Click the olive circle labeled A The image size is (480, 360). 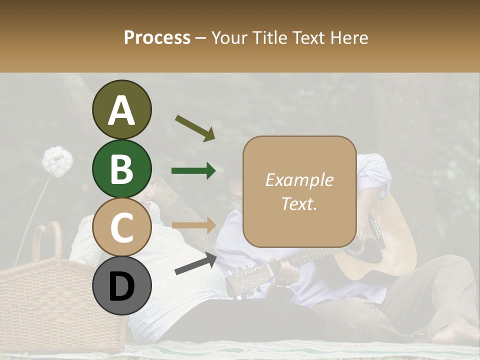(x=121, y=109)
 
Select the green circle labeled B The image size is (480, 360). (x=121, y=168)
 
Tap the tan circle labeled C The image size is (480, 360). (x=121, y=227)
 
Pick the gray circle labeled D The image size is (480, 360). (x=121, y=286)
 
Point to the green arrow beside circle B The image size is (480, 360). (x=193, y=171)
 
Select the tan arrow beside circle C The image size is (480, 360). (x=193, y=225)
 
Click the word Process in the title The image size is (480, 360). (x=157, y=38)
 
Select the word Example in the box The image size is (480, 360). (x=299, y=180)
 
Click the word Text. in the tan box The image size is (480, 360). (x=299, y=203)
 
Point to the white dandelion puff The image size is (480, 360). (x=57, y=161)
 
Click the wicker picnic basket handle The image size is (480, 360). (x=47, y=240)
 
